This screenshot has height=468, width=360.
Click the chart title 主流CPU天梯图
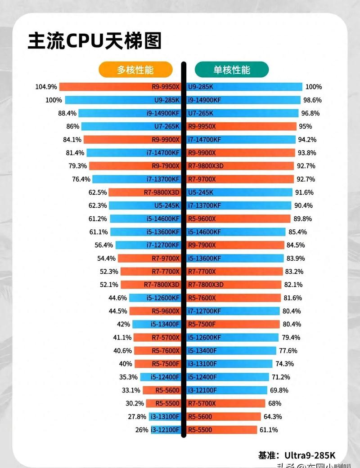[94, 41]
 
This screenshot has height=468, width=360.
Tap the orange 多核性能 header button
[135, 70]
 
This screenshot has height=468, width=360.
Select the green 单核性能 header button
[231, 70]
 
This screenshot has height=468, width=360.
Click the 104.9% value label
[46, 87]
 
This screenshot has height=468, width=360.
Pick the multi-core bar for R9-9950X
[120, 87]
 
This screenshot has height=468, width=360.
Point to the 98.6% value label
[313, 100]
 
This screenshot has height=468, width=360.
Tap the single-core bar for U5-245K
[238, 192]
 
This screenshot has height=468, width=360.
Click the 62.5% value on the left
[98, 192]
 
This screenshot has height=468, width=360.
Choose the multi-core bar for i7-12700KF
[148, 245]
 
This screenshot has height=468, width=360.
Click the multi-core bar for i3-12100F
[165, 430]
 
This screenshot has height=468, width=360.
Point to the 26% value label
[141, 430]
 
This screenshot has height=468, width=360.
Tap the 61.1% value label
[268, 430]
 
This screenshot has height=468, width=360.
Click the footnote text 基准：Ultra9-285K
[297, 455]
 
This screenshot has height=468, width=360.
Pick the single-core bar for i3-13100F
[229, 364]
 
